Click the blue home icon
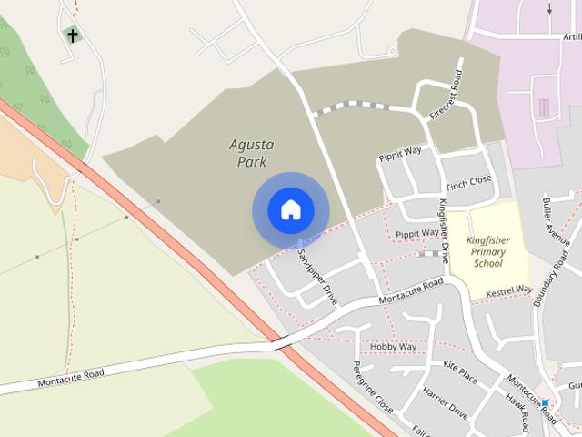290,210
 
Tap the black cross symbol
72,36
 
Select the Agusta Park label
251,153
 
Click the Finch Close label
468,180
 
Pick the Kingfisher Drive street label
444,231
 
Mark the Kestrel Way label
508,292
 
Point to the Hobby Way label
393,347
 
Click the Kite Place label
460,371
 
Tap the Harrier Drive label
445,402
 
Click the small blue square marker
546,402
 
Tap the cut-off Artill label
571,36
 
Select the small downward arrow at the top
549,9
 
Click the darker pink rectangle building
544,108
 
